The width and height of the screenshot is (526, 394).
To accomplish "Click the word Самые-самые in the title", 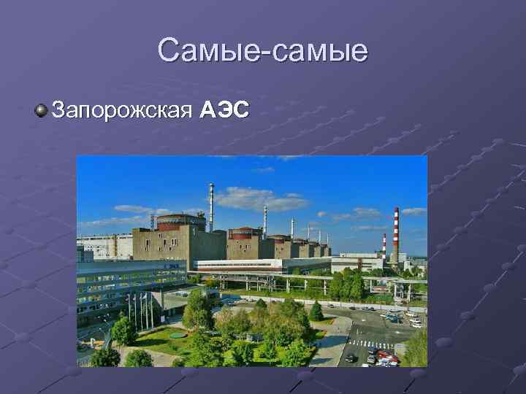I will [x=262, y=51].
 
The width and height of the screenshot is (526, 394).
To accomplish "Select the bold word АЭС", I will [x=225, y=110].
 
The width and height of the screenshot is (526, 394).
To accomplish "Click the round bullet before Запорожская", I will [x=40, y=111].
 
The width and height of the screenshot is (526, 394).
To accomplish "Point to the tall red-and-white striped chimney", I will [x=395, y=233].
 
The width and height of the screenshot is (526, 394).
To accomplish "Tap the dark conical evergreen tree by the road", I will [x=316, y=312].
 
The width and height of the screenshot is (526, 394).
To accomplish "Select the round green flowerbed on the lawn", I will [x=178, y=335].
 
